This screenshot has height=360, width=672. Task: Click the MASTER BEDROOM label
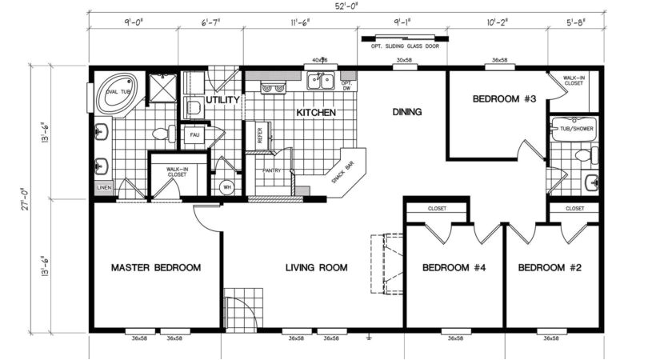(x=155, y=267)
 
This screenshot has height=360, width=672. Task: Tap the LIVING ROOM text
(x=316, y=267)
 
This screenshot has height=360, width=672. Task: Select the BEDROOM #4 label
(x=454, y=267)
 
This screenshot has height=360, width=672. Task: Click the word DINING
(x=406, y=112)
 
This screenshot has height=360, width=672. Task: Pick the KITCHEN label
(x=316, y=113)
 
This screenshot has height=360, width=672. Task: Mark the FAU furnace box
(x=194, y=135)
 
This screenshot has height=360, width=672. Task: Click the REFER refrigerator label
(x=259, y=137)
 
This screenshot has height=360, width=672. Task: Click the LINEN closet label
(x=105, y=188)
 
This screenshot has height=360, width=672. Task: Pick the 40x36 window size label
(x=320, y=60)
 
